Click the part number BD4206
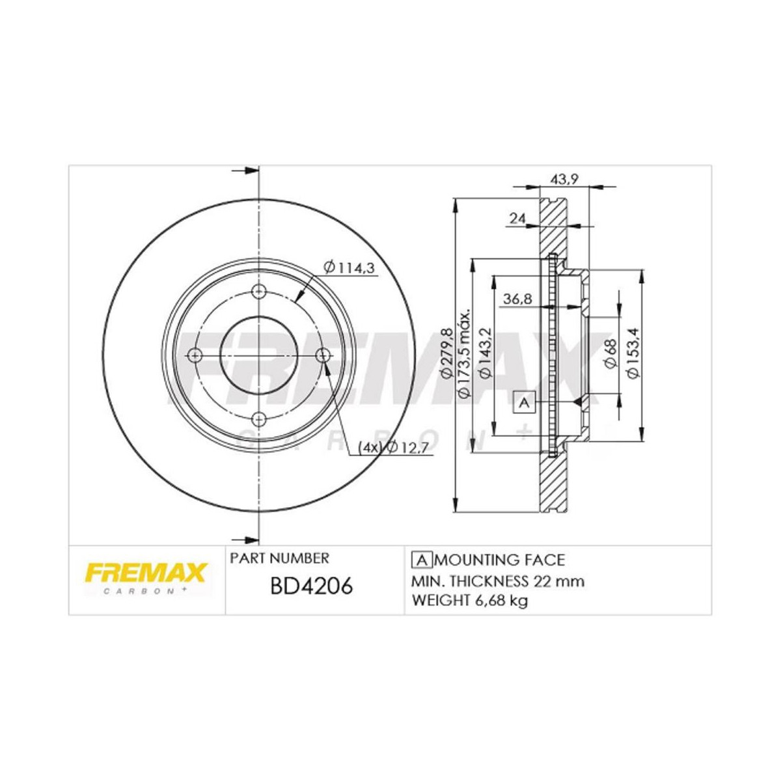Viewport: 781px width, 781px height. [x=310, y=586]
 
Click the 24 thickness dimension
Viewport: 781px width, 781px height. [x=517, y=219]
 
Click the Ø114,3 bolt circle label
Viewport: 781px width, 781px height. [x=350, y=267]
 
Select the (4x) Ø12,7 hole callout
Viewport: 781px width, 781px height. [x=388, y=447]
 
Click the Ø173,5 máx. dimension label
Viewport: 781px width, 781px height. [x=465, y=355]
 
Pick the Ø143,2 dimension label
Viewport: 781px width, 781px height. [x=485, y=355]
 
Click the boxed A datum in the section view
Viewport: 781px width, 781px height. [x=524, y=404]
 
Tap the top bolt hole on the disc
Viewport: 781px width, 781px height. [x=259, y=291]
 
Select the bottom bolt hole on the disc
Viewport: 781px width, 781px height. [x=259, y=418]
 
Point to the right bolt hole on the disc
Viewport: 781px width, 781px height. [x=323, y=355]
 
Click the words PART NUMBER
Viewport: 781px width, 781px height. [x=280, y=558]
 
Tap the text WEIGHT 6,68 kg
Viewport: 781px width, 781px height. [x=469, y=600]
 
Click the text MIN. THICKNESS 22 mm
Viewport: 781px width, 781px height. [x=497, y=581]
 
